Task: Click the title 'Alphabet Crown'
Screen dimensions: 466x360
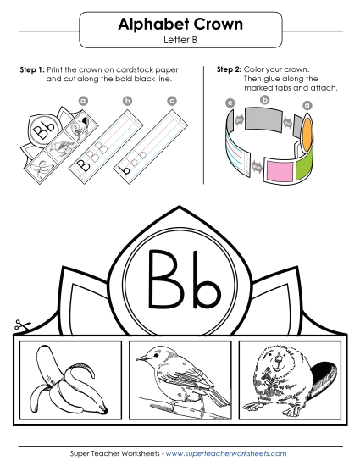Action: [x=179, y=25]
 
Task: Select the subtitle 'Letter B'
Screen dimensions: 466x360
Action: [x=179, y=40]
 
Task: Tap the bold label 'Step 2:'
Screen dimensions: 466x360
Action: [x=229, y=68]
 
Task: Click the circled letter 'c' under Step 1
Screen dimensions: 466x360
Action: [x=172, y=100]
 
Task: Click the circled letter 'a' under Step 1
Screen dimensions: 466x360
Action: [x=83, y=100]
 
